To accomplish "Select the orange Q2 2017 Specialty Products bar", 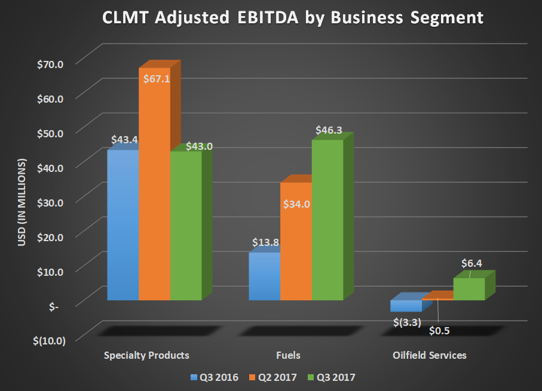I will [154, 191].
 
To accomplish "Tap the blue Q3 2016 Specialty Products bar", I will [123, 227].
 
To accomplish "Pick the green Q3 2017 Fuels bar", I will [327, 221].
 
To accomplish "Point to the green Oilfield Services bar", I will [469, 289].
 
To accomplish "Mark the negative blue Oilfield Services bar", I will [406, 306].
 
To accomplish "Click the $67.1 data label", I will [155, 78].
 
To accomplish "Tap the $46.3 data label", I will [330, 129].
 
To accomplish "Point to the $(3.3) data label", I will [408, 323].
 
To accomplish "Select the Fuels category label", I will [288, 356].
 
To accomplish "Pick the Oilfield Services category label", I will [430, 356].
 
